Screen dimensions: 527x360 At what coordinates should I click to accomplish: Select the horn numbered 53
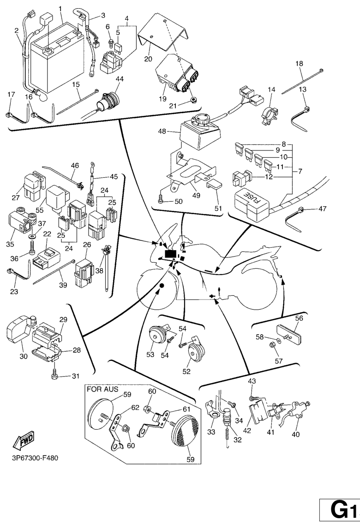tap(157, 335)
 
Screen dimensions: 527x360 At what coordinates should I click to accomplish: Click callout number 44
tap(120, 79)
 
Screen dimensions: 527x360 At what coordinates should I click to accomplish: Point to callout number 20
tap(148, 59)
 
